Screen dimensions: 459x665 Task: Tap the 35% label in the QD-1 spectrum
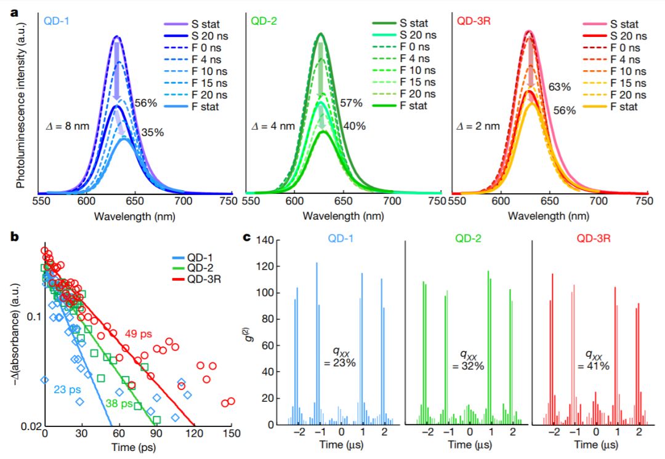click(153, 132)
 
